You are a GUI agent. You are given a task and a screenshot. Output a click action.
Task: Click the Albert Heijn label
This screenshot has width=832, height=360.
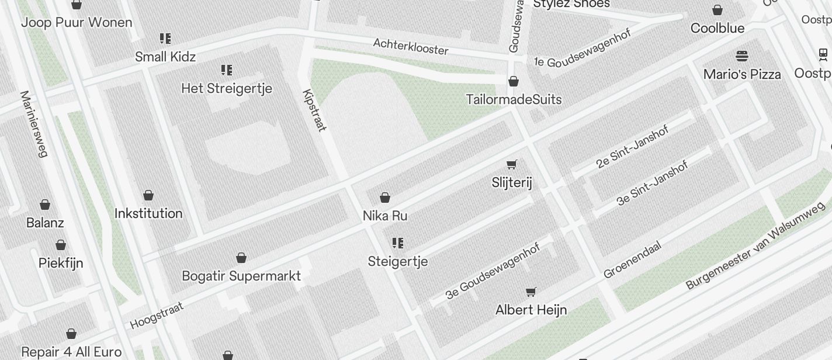tap(531, 310)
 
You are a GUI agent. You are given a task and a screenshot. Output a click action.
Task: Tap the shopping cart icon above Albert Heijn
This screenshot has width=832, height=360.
tap(531, 292)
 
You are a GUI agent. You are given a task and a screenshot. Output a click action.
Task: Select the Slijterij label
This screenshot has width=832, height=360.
tap(512, 183)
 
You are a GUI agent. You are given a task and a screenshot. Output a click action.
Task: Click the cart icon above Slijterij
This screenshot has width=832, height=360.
tap(512, 165)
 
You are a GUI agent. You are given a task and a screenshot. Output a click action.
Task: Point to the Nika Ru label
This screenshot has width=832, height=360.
tap(385, 216)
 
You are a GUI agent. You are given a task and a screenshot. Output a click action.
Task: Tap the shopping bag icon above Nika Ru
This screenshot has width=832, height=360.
tap(385, 198)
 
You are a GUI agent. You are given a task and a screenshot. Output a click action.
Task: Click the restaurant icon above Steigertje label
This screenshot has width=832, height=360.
tap(398, 243)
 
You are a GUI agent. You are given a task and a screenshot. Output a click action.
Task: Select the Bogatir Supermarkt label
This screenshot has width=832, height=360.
tap(241, 276)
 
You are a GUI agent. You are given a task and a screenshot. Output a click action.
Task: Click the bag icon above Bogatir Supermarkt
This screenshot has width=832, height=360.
tap(241, 258)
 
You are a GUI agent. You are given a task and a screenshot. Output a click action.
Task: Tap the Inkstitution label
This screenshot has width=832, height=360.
tap(148, 213)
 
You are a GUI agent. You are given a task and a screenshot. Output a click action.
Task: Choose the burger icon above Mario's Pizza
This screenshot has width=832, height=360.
tap(742, 56)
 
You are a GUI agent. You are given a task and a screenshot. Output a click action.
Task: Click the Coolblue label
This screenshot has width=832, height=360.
tap(717, 28)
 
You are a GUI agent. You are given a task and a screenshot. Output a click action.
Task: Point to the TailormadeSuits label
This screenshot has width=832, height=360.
tap(514, 99)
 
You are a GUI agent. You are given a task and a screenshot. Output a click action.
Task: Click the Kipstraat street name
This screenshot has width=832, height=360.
tap(314, 110)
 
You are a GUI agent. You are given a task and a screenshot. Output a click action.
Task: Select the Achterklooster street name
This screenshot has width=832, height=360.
tap(411, 46)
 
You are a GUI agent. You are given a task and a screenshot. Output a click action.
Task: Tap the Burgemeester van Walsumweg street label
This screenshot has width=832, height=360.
tap(755, 245)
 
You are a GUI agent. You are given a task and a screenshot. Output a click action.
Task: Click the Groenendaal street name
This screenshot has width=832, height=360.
tap(632, 260)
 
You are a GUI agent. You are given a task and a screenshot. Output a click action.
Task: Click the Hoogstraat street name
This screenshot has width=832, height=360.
tap(157, 316)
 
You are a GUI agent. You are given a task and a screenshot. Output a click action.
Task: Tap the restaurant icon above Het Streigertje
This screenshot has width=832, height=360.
tap(227, 71)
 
